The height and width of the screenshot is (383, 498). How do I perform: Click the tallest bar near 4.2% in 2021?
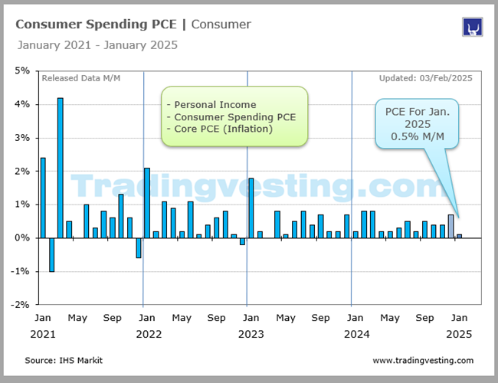(x=60, y=168)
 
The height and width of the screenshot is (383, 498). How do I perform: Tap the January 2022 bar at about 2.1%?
(x=146, y=203)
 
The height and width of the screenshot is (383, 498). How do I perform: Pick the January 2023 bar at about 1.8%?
(x=251, y=208)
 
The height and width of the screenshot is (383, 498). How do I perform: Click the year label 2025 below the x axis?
(x=460, y=334)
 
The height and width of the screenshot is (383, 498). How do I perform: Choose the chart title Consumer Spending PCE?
(x=100, y=25)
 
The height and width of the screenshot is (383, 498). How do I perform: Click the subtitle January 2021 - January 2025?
(x=97, y=45)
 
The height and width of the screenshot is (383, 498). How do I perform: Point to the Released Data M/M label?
(x=80, y=78)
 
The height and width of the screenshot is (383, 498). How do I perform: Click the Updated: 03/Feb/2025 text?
(x=425, y=78)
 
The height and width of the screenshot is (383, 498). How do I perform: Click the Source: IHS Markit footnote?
(x=63, y=360)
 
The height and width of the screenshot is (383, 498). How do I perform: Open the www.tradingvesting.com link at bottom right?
(x=423, y=360)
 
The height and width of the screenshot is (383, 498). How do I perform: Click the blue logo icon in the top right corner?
(x=472, y=27)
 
